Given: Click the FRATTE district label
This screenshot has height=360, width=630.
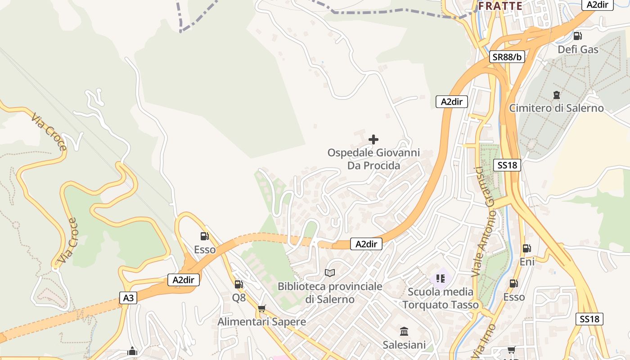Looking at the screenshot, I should point(500,6).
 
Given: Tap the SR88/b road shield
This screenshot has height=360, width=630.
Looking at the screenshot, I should point(507,57).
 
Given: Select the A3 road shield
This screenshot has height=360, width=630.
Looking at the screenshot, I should point(128,297).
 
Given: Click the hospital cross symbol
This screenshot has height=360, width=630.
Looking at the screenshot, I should point(373,139).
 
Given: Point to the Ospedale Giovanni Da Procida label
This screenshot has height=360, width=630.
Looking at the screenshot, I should point(373,159).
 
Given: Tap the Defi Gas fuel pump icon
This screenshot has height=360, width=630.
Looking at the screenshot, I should point(577,36).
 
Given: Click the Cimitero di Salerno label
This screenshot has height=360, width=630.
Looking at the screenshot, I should point(556,108).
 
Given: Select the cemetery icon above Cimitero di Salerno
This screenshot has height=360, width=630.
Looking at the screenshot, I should point(557,95).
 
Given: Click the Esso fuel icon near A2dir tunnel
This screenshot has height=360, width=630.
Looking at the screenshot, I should point(204,236).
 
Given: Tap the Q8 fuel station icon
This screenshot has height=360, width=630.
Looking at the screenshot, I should point(238,284).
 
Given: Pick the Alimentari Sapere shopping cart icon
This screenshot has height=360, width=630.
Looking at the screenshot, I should point(262,309).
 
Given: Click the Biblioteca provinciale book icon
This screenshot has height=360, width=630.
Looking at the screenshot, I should point(330,273).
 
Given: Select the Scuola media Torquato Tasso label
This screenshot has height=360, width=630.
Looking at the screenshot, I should point(441,298).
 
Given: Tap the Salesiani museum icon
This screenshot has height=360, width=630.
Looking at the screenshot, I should point(404,332).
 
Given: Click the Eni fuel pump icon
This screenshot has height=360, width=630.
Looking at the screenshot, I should point(526,248).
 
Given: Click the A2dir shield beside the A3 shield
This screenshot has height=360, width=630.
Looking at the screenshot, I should point(183,280).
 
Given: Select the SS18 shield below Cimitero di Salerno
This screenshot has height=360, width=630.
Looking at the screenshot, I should point(507,165).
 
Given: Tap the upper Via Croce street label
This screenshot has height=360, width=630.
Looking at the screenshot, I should point(49,131).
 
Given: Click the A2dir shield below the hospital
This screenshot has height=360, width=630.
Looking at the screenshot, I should point(366,244).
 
